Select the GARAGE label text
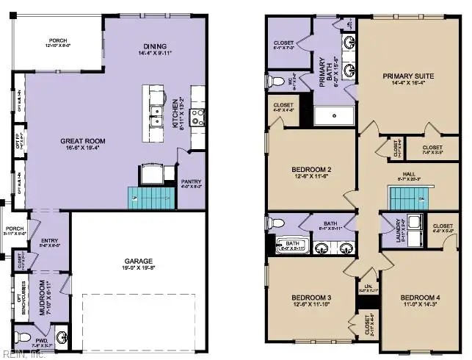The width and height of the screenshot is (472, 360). [x=139, y=259]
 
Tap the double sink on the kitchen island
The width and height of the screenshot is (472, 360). [x=156, y=112]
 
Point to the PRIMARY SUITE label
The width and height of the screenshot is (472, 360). [x=408, y=76]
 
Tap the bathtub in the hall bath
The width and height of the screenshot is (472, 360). [x=293, y=245]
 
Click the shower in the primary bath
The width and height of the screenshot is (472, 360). [x=335, y=115]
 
